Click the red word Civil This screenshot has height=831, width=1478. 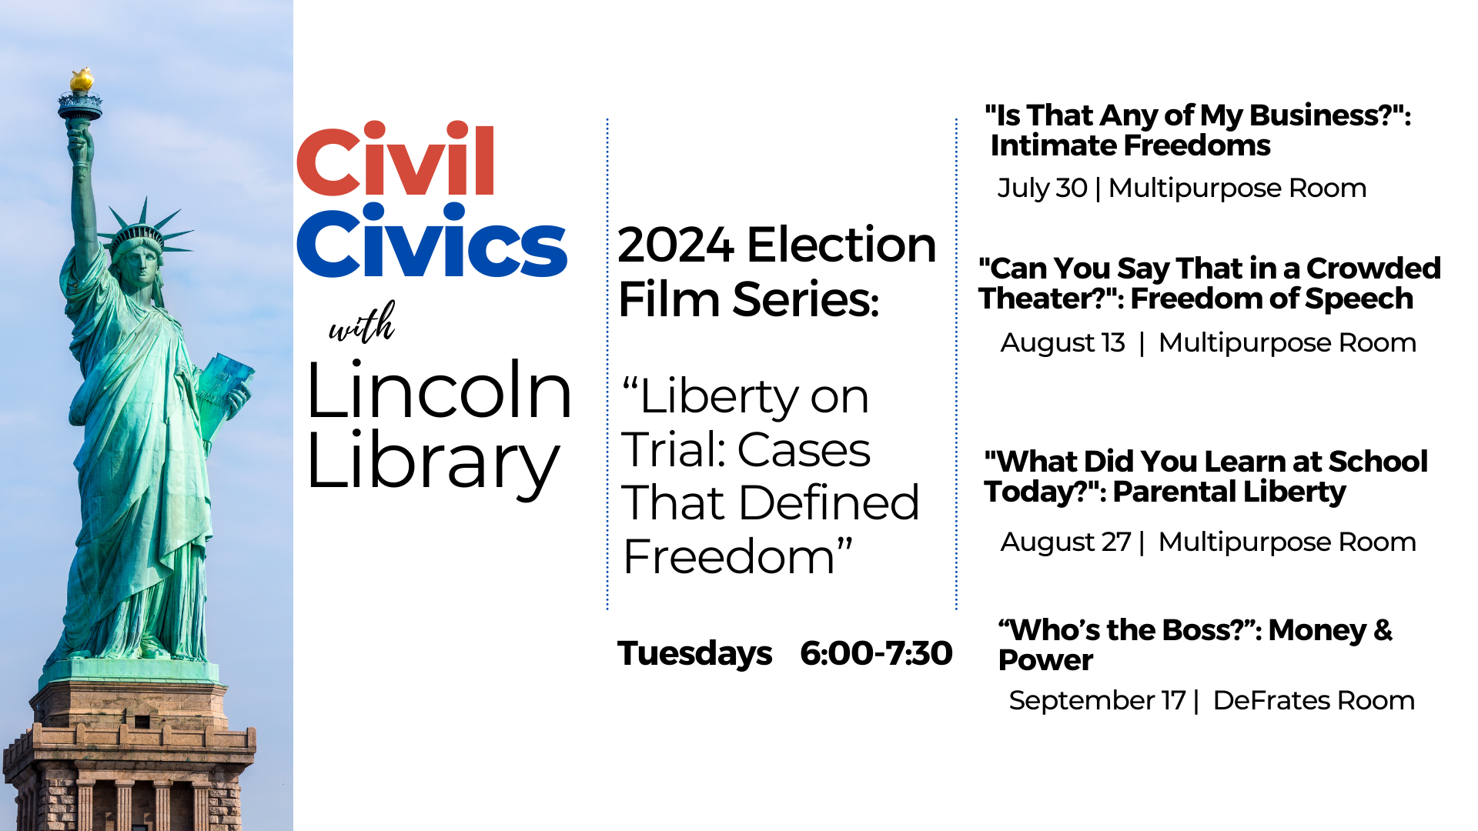tap(396, 159)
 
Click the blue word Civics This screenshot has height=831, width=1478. tap(432, 240)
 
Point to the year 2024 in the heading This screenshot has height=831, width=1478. tap(675, 245)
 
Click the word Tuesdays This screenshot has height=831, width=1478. tap(694, 653)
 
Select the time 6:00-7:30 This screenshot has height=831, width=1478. tap(876, 653)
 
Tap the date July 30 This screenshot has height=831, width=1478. tap(1042, 188)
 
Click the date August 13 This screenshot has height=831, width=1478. tap(1062, 342)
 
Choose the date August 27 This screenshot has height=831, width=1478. tap(1065, 542)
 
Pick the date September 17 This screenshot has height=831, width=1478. tap(1097, 700)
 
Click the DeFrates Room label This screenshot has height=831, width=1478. tap(1313, 700)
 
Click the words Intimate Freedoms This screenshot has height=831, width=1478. tap(1130, 145)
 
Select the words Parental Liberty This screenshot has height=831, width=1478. tap(1229, 492)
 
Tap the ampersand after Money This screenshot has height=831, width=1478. tap(1383, 630)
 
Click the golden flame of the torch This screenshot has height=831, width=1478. tap(82, 79)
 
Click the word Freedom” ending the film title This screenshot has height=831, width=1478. tap(737, 556)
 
